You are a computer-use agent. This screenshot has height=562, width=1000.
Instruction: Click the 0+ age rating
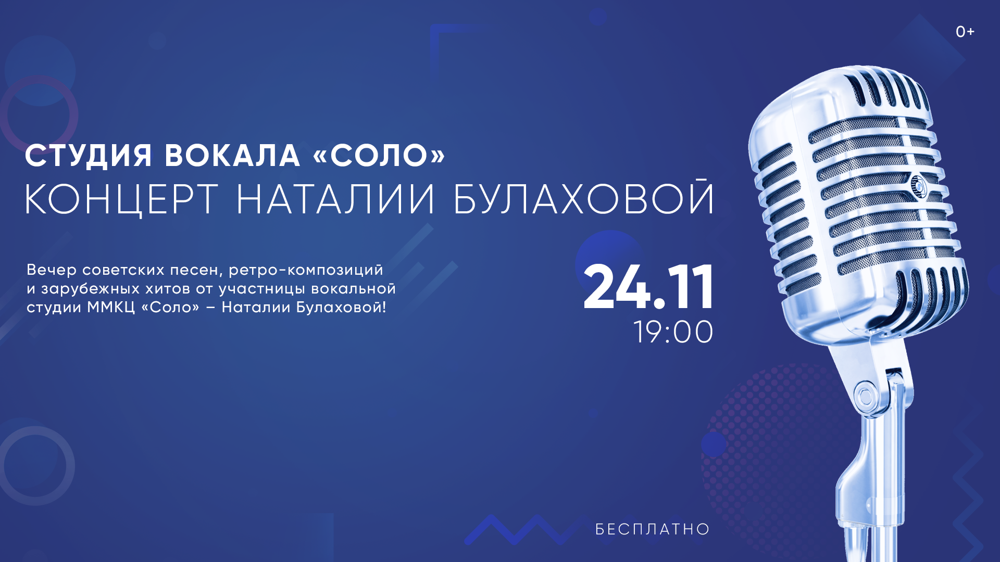pos(965,32)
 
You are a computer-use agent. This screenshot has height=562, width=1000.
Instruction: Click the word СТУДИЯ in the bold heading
pos(89,156)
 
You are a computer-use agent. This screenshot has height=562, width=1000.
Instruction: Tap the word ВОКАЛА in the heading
pos(232,155)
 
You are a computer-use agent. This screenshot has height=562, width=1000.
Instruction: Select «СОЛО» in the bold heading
pos(379,155)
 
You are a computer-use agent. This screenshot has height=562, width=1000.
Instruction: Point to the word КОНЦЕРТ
pos(121,199)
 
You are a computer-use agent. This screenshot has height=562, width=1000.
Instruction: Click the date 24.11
pos(648,287)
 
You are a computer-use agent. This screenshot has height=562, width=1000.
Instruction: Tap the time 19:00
pos(673,332)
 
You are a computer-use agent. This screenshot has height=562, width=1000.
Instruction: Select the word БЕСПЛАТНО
pos(653,529)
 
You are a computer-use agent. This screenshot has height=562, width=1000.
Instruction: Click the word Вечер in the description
pos(52,270)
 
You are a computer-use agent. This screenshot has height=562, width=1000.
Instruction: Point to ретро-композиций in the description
pos(306,271)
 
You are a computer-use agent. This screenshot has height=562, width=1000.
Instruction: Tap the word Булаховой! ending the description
pos(341,307)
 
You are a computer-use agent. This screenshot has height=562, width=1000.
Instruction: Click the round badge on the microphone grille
pos(918,185)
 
